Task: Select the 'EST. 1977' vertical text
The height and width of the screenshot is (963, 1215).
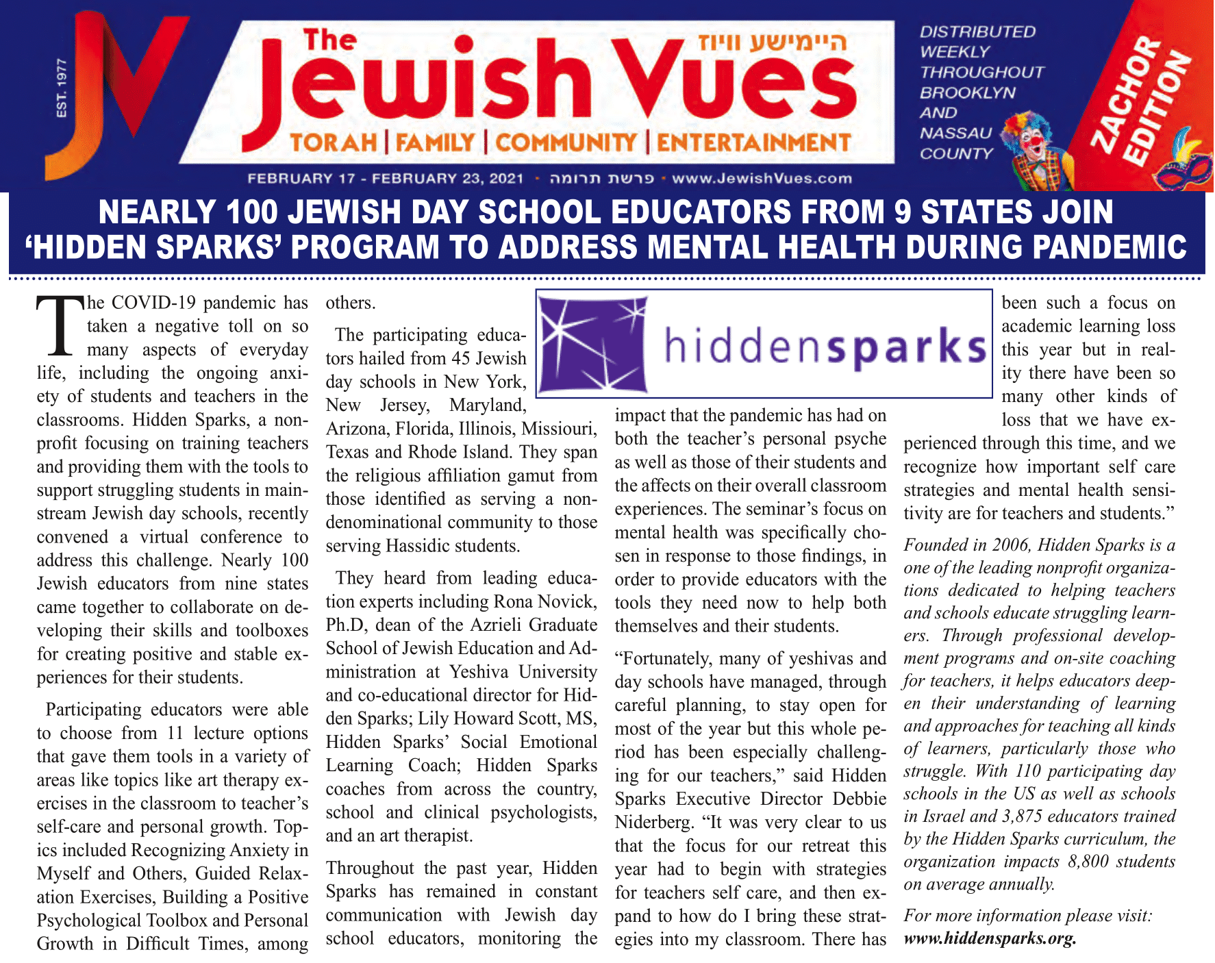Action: [x=62, y=88]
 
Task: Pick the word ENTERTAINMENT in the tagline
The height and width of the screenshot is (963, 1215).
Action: [x=753, y=142]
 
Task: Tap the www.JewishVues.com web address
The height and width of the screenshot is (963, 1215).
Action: [x=762, y=179]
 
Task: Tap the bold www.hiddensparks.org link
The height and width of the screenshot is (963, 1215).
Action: [x=990, y=938]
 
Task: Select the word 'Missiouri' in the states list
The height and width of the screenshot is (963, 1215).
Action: [x=559, y=429]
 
